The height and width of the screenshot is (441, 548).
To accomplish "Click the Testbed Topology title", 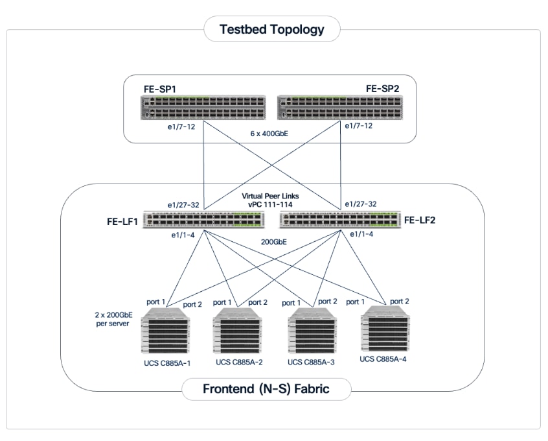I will tap(271, 29).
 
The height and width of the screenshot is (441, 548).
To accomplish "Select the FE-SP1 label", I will tap(160, 88).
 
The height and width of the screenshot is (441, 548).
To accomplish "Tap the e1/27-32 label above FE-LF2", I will tap(361, 204).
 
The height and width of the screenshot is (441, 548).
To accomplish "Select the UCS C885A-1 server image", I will tap(166, 335).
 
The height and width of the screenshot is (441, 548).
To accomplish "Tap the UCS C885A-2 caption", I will tap(240, 362).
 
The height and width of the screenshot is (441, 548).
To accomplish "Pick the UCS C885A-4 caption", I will tap(387, 358).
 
